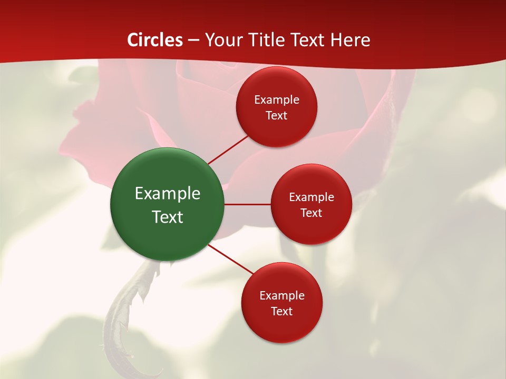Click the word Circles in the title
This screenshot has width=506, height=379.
click(155, 40)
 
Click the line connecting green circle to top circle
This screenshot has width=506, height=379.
click(228, 149)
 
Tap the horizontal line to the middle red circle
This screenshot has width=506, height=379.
click(247, 204)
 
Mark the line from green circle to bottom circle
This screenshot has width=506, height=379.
click(231, 258)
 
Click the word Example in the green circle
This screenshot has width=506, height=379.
click(168, 194)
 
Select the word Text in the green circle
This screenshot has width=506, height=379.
click(168, 217)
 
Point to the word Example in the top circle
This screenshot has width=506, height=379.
click(277, 100)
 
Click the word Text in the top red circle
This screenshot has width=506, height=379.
click(277, 116)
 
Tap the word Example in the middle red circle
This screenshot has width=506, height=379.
click(312, 197)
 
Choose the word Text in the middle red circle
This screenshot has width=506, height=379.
click(312, 213)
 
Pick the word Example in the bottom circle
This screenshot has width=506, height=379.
click(282, 296)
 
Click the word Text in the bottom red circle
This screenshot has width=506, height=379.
click(282, 312)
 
